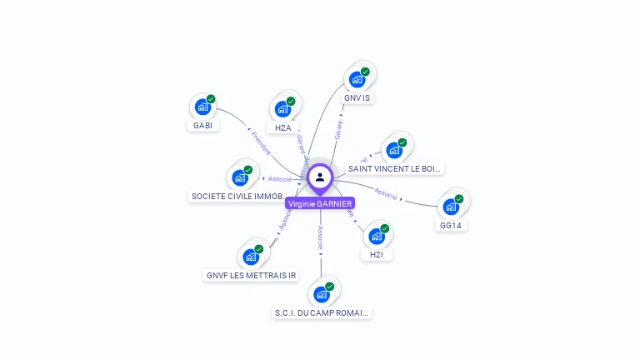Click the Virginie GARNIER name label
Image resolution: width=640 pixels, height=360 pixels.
[x=320, y=203]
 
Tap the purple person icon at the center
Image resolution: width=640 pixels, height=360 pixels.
[x=320, y=177]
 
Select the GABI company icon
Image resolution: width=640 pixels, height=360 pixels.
[x=202, y=107]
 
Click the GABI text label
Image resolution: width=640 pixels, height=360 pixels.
[x=202, y=126]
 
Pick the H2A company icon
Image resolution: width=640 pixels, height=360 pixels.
[x=283, y=108]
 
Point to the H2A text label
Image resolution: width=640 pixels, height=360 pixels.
[x=283, y=127]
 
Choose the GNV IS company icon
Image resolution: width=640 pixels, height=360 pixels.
[x=357, y=79]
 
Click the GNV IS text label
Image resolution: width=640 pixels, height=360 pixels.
[x=357, y=97]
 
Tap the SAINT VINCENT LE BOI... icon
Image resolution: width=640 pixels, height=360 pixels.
[x=394, y=150]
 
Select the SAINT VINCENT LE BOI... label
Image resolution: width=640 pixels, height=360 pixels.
[x=394, y=168]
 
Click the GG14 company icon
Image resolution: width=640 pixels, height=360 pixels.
[x=451, y=206]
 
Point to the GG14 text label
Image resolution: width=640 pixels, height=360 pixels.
[x=451, y=225]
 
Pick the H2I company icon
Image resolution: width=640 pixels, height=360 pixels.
[x=377, y=236]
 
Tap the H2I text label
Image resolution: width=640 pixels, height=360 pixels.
[x=377, y=255]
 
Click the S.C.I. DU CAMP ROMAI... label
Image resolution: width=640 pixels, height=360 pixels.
[x=322, y=313]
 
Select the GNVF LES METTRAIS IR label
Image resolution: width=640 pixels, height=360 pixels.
[x=251, y=275]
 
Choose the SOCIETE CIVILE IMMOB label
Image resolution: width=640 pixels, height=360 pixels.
[x=237, y=197]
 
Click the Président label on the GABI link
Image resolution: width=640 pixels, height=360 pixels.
[x=260, y=142]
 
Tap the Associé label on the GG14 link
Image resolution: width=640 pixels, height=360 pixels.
[x=385, y=192]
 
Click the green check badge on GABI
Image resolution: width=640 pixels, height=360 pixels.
[x=211, y=99]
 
